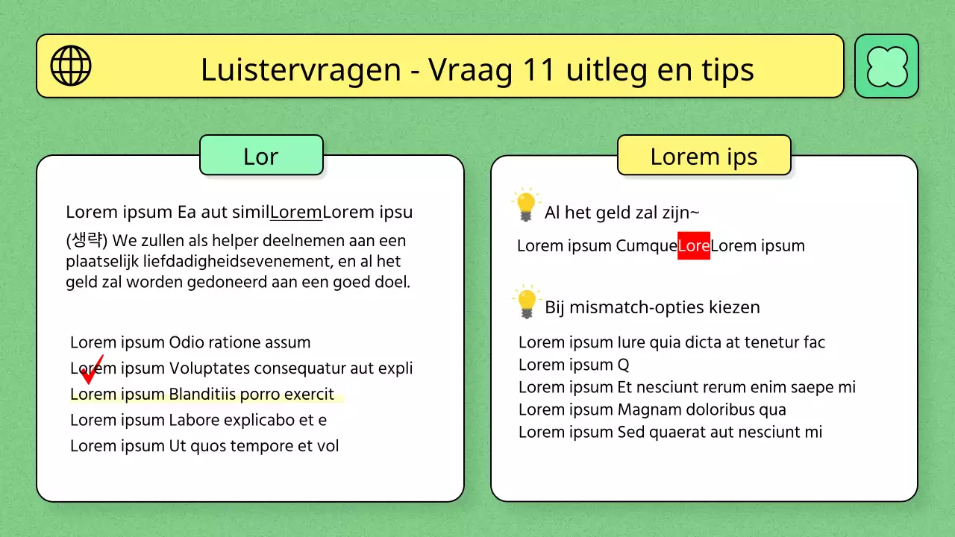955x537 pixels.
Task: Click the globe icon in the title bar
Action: pyautogui.click(x=71, y=66)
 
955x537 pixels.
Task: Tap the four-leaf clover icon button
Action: pyautogui.click(x=886, y=66)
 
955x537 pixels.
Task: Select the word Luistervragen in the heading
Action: pyautogui.click(x=301, y=69)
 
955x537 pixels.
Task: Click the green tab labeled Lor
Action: pyautogui.click(x=261, y=156)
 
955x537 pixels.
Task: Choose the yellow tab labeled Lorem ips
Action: pyautogui.click(x=704, y=156)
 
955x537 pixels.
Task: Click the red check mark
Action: pyautogui.click(x=92, y=370)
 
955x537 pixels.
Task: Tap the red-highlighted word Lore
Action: pyautogui.click(x=693, y=245)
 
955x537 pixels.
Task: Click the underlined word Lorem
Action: pyautogui.click(x=296, y=212)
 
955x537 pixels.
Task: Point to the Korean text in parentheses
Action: pyautogui.click(x=87, y=241)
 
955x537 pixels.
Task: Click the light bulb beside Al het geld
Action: pyautogui.click(x=526, y=205)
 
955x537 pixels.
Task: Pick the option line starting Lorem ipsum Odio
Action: pyautogui.click(x=190, y=342)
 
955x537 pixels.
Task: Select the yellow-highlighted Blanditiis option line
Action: pyautogui.click(x=202, y=395)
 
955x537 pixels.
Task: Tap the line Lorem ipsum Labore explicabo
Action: pyautogui.click(x=198, y=420)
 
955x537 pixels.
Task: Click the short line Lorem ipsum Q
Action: pyautogui.click(x=574, y=365)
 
